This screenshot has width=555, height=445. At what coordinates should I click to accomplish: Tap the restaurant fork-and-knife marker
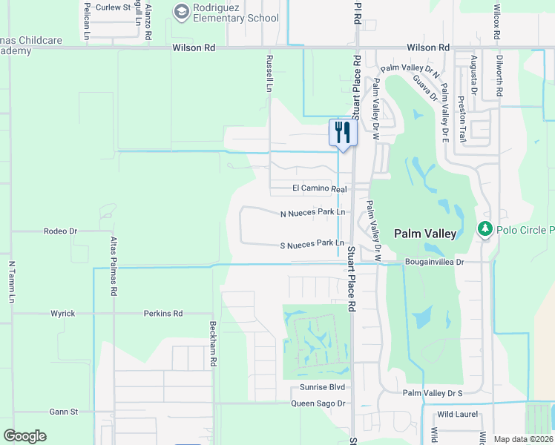coord(342,133)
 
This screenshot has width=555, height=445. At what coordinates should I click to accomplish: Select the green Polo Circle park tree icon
coord(485,229)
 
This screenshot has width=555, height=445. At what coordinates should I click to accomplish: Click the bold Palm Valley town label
coord(425,234)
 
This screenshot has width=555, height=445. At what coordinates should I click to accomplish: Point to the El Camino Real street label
coord(319,190)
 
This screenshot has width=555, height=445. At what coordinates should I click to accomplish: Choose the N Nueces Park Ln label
coord(312,213)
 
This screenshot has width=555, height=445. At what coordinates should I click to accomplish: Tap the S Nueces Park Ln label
coord(312,244)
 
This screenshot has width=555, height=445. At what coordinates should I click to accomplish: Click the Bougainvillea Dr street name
coord(434,262)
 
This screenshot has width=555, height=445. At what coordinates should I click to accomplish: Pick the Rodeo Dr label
coord(61,231)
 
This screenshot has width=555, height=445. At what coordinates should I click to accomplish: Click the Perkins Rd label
coord(163,314)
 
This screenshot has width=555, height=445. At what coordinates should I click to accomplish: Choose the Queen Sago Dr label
coord(318,403)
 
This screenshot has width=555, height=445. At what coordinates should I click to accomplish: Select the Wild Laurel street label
coord(456,414)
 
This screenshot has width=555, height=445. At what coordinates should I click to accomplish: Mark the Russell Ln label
coord(269,72)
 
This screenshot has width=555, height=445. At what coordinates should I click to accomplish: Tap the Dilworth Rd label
coord(499,81)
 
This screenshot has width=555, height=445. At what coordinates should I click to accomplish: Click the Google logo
coord(24,436)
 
